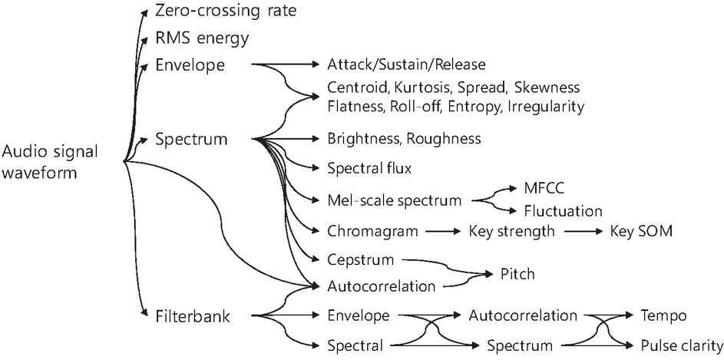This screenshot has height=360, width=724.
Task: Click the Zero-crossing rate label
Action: pos(225,11)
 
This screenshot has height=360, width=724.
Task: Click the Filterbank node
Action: pos(193,317)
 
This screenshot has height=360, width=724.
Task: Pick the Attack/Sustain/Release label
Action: pos(406,64)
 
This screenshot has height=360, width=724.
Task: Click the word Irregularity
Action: pos(546,107)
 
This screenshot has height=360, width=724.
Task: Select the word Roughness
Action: pos(444,138)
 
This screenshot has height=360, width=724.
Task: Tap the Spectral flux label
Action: pos(369,169)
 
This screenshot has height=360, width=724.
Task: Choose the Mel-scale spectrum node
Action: pos(395,201)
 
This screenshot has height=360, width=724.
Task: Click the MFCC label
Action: pos(544,190)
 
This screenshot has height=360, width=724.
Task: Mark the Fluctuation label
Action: pos(563,211)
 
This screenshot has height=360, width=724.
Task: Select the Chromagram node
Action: pos(372,231)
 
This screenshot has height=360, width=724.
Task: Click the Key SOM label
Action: pos(640,231)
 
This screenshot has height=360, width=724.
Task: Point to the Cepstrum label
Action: pos(361,260)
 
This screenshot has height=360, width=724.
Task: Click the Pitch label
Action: pos(517,274)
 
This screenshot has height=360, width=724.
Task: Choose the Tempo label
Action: pos(663,316)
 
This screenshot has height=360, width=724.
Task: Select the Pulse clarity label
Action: pos(681,345)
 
